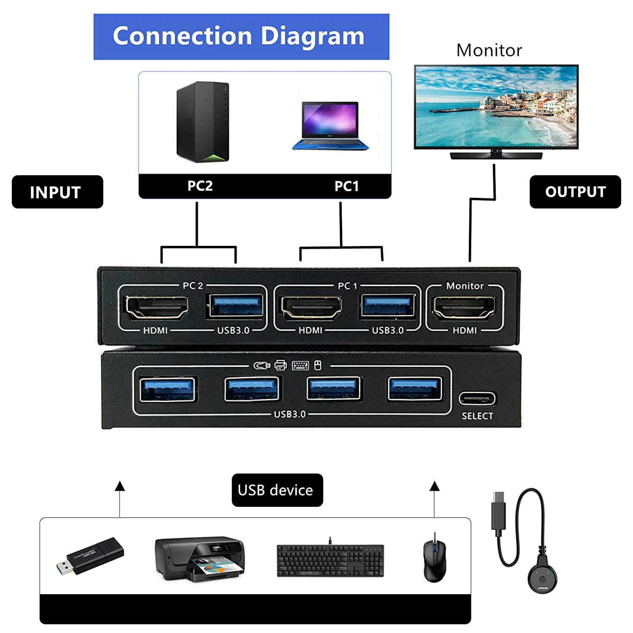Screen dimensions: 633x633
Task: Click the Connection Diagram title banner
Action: pos(241,37)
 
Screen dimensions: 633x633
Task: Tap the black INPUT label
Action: pos(57,192)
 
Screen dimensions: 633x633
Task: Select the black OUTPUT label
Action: pos(575,192)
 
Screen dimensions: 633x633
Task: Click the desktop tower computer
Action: pos(203,122)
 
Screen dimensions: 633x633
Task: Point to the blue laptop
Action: pos(330,126)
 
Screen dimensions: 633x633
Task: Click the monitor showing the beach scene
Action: pos(496,107)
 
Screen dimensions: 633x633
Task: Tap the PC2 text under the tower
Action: pos(200,186)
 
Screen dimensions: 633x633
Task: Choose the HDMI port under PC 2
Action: pos(157,308)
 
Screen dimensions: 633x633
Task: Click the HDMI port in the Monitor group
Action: pos(465,308)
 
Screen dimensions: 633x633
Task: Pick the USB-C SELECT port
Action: pos(477,398)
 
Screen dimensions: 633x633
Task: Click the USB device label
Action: pos(277,490)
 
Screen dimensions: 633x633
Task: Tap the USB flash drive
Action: pos(90,556)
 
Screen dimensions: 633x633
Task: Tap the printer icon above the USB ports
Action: pos(281,365)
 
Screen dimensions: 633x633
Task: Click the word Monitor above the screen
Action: pos(489,50)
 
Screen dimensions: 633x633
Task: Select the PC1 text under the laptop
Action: pos(346,186)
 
